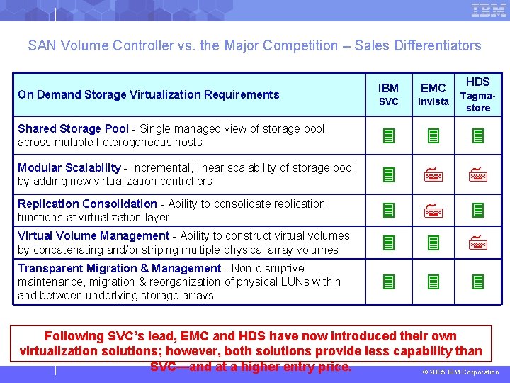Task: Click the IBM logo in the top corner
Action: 489,10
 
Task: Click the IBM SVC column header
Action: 388,94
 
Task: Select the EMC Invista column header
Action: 433,94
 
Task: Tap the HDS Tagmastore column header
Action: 478,94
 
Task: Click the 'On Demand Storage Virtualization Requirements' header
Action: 149,94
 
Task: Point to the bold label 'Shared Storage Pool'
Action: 73,128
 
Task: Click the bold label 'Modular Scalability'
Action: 69,167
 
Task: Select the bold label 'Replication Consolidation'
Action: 87,204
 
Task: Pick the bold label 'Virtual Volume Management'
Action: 93,235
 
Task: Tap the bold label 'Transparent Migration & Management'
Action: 119,268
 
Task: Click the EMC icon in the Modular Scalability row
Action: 433,174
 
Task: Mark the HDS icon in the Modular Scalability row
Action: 478,174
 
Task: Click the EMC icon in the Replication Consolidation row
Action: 433,210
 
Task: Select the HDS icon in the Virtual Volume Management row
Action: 478,243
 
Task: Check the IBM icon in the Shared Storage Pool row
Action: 388,135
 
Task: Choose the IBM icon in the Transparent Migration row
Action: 388,282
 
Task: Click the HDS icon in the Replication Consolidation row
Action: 478,210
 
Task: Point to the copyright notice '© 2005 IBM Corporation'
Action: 461,372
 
